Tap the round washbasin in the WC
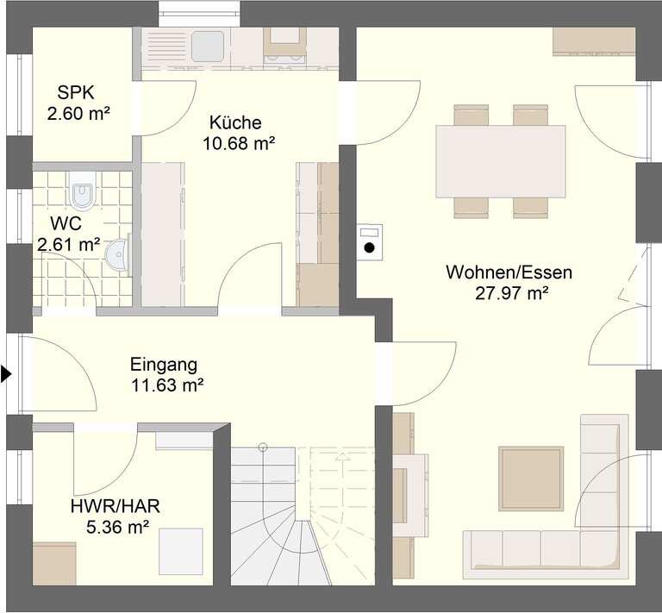click(117, 254)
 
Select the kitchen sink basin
click(207, 46)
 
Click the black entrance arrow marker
click(6, 373)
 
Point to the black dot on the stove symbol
click(370, 247)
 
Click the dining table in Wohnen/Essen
click(501, 161)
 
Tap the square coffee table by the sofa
click(531, 479)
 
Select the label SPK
click(76, 92)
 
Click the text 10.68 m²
click(239, 143)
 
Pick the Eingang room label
click(164, 365)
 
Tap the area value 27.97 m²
click(512, 293)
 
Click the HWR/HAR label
click(116, 506)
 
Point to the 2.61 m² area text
click(69, 244)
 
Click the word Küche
click(235, 122)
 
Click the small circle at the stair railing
click(263, 446)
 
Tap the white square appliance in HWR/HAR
click(181, 552)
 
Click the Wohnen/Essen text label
click(509, 272)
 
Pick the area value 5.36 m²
click(118, 527)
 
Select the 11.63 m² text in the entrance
click(167, 385)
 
